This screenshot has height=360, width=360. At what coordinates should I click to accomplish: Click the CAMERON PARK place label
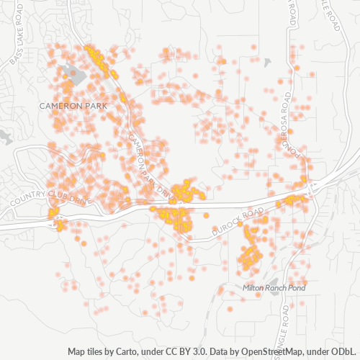point(73,106)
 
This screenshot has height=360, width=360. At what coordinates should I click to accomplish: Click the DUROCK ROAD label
point(238,224)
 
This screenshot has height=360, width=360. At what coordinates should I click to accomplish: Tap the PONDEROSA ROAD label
point(286,130)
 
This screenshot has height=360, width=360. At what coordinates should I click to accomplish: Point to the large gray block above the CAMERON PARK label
point(73,72)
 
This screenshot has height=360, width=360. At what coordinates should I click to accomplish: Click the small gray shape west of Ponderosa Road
point(268,63)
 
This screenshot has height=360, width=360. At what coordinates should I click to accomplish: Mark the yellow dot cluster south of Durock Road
point(250,252)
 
